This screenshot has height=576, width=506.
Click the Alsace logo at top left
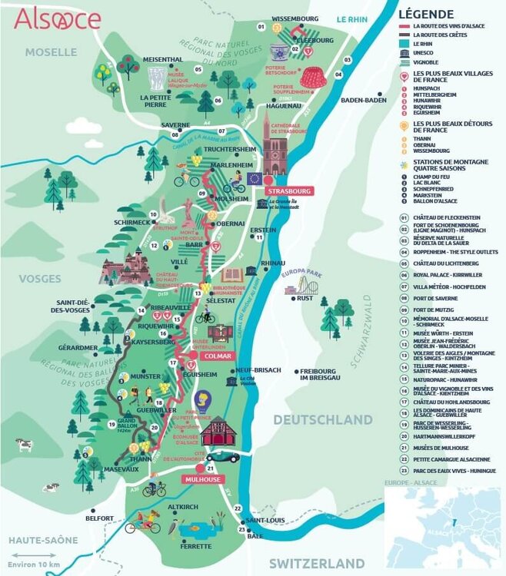57,19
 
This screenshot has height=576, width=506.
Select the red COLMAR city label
216,356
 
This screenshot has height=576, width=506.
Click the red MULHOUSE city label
201,479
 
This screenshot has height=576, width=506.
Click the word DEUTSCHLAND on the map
322,420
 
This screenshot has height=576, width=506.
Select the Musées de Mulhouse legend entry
441,447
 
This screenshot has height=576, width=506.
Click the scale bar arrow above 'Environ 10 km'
32,554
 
